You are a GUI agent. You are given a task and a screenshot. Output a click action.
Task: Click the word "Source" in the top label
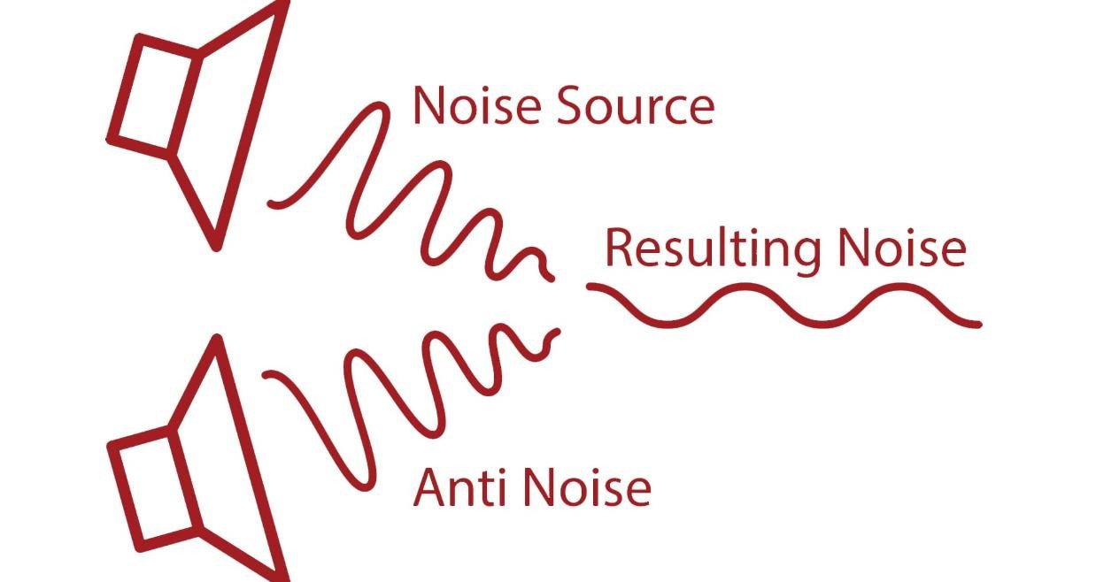(636, 105)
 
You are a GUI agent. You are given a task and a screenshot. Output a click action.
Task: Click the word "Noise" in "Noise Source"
(477, 105)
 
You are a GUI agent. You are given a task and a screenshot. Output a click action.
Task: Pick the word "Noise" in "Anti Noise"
(588, 487)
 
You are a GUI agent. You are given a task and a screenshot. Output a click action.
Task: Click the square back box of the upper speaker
(154, 96)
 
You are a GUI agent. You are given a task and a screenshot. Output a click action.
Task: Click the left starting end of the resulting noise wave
(590, 286)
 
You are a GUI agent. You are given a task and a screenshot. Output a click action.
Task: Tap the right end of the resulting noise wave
(977, 324)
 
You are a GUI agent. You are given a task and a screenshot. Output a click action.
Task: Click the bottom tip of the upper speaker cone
(216, 248)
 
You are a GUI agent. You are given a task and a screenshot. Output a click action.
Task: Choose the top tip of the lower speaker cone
(217, 338)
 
